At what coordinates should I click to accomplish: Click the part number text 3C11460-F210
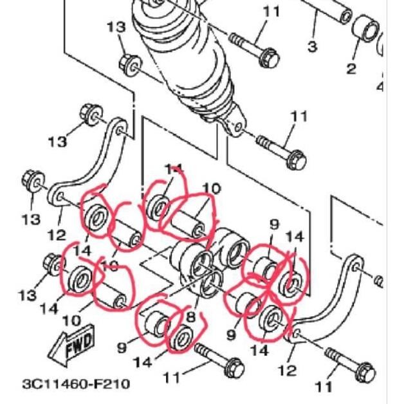coord(76,384)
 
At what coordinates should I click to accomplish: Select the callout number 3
coord(312,46)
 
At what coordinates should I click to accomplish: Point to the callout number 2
coord(351,68)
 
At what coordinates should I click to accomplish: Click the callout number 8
coord(190,316)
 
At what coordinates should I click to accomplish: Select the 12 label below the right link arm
coord(287,370)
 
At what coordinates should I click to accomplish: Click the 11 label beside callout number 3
coord(271,12)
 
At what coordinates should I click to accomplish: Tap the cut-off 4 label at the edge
coord(379,86)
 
